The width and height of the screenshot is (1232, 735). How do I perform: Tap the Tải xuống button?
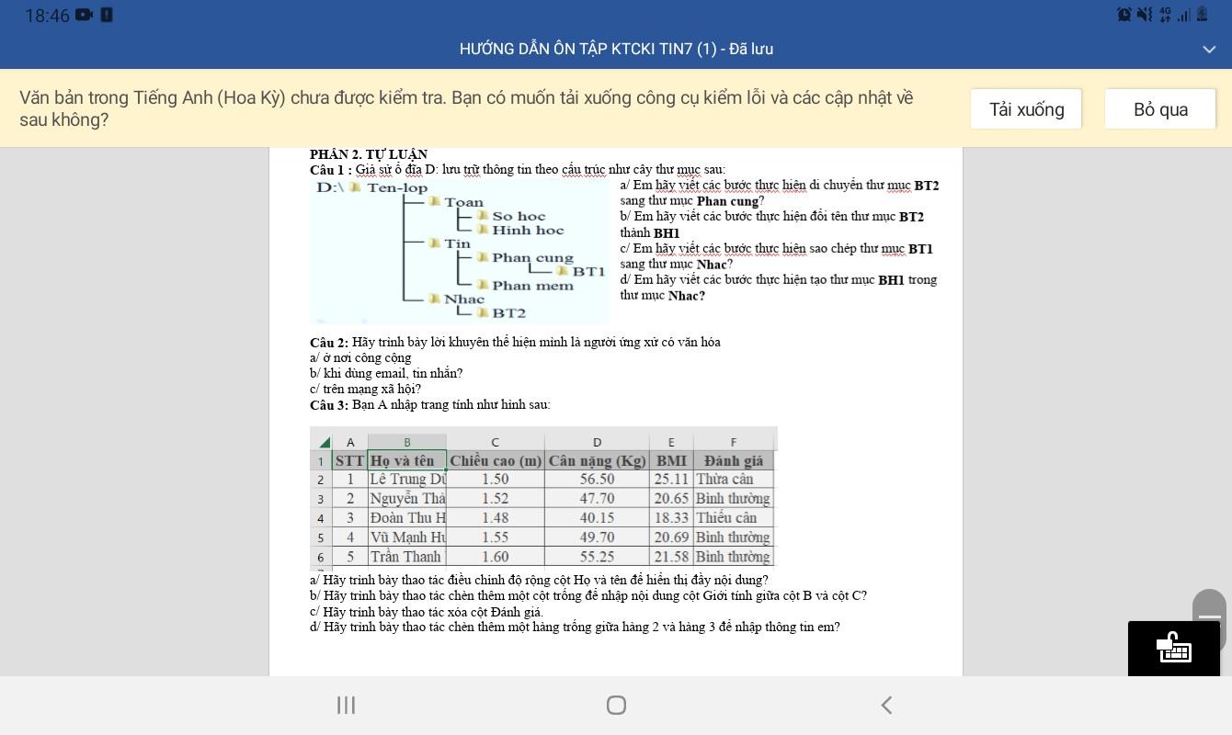point(1026,109)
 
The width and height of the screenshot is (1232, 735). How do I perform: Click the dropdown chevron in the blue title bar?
point(1209,50)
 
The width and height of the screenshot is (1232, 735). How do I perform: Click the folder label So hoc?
point(518,217)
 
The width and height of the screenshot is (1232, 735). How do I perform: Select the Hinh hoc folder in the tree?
point(527,231)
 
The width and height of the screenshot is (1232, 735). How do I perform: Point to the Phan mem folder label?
point(531,286)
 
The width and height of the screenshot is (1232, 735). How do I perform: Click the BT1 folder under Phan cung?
point(587,272)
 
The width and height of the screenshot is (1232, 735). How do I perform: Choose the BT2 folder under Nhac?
point(508,313)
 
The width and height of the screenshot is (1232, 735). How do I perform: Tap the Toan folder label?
point(463,202)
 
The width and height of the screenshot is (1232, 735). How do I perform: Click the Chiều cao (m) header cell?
point(496,460)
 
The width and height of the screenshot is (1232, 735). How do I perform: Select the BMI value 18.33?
point(671,518)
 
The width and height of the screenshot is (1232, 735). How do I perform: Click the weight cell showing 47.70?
point(597,499)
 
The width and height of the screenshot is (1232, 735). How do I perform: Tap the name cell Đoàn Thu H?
point(406,518)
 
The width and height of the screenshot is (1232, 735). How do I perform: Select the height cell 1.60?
point(496,557)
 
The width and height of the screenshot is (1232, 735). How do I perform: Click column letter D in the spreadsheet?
point(597,442)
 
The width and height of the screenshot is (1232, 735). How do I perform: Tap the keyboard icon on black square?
point(1174,649)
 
